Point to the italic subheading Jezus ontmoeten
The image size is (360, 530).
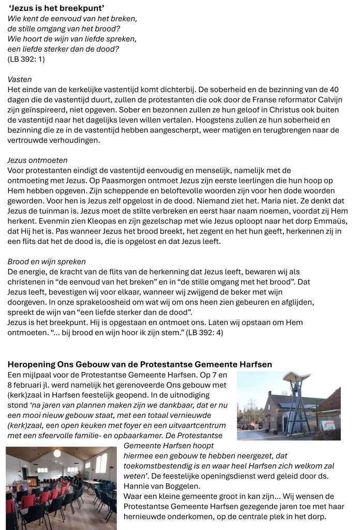pos(37,160)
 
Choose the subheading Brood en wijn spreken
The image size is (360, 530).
pos(47,261)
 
